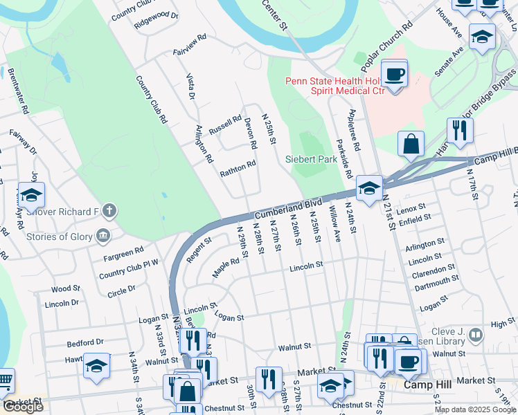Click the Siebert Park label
311,159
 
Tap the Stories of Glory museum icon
103,237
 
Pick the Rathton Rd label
238,168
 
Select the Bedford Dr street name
84,342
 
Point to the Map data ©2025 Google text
475,409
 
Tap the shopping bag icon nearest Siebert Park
411,144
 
